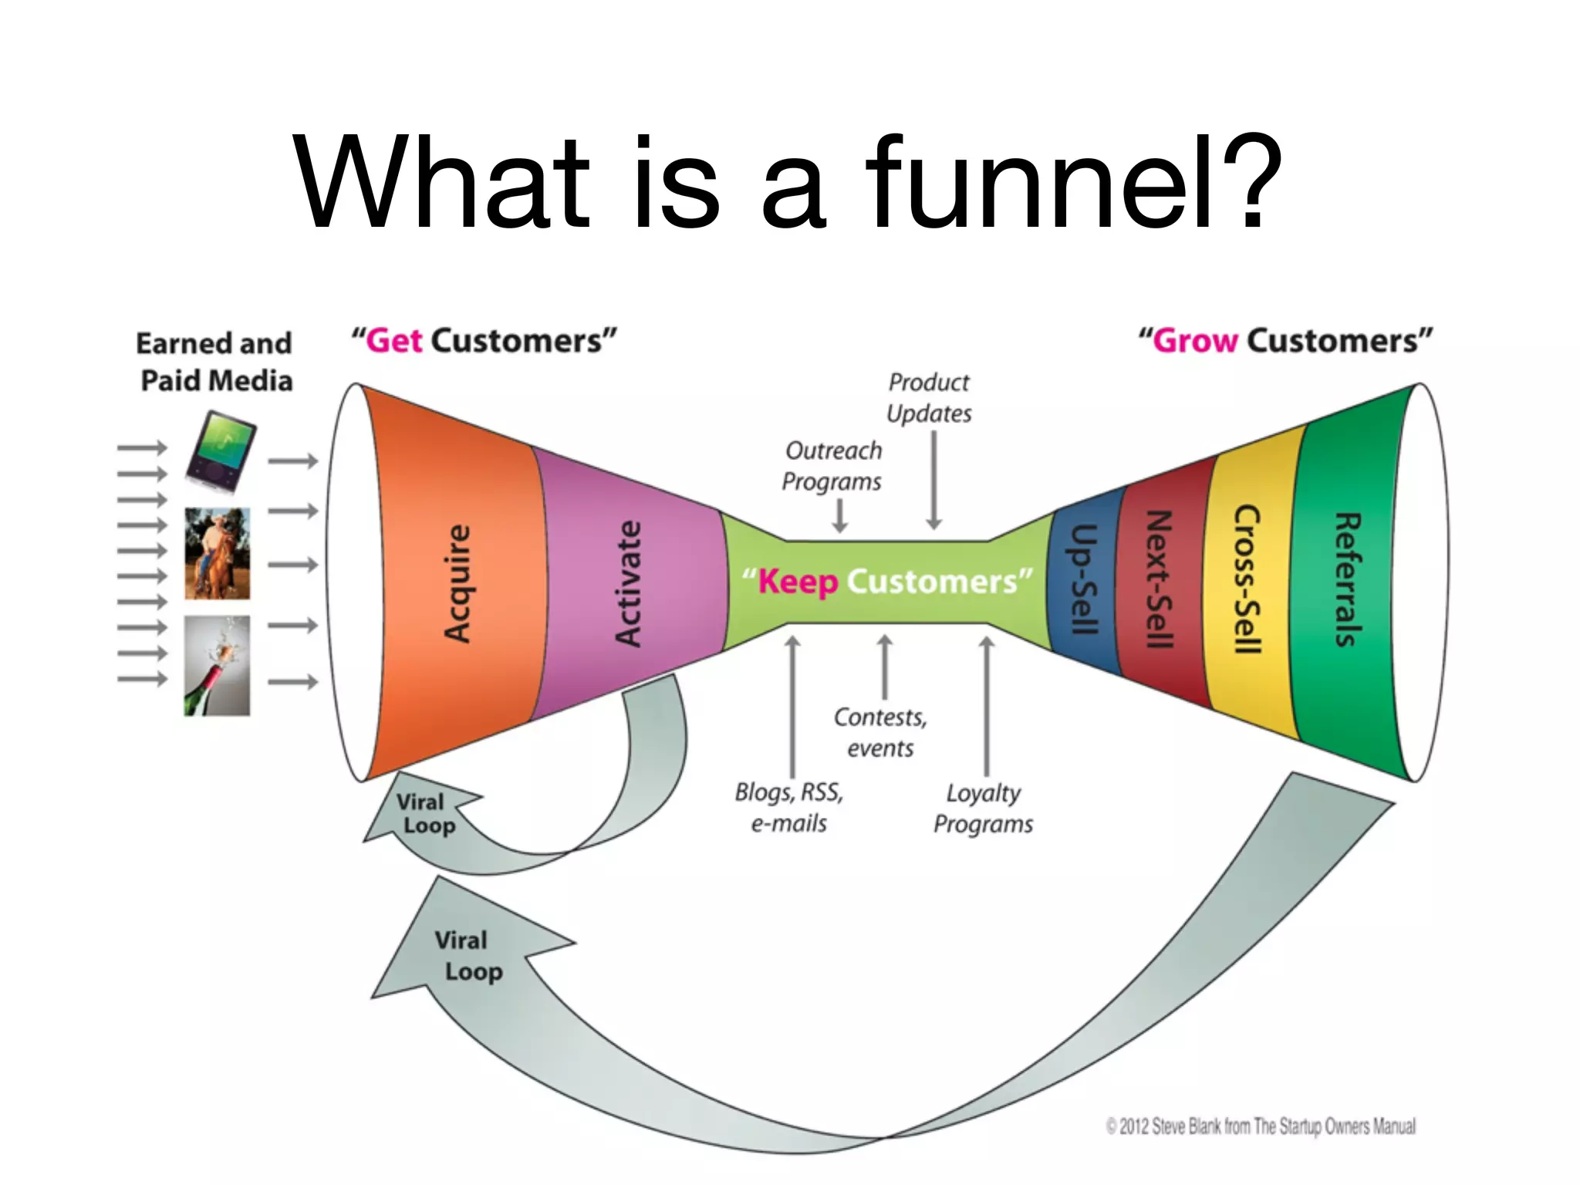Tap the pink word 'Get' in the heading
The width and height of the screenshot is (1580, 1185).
pyautogui.click(x=394, y=340)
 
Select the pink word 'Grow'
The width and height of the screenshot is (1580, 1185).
pyautogui.click(x=1195, y=340)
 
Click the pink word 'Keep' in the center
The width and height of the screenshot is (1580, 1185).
pyautogui.click(x=798, y=582)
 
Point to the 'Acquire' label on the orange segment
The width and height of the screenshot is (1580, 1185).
pyautogui.click(x=457, y=583)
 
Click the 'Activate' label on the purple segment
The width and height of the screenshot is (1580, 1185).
pyautogui.click(x=628, y=583)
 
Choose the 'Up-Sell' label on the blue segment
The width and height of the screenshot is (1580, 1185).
pyautogui.click(x=1084, y=579)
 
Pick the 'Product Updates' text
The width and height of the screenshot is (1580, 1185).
pyautogui.click(x=929, y=398)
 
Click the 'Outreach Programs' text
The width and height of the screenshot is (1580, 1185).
pyautogui.click(x=832, y=466)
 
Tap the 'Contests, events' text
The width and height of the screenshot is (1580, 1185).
pyautogui.click(x=880, y=733)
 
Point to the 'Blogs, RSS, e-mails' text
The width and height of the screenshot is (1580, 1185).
pyautogui.click(x=788, y=808)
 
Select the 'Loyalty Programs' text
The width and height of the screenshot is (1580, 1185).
pyautogui.click(x=983, y=809)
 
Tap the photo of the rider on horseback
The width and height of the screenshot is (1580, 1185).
pyautogui.click(x=217, y=553)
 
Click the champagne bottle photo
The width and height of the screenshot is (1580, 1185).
pyautogui.click(x=217, y=666)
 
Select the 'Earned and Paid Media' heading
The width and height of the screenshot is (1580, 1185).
pyautogui.click(x=215, y=362)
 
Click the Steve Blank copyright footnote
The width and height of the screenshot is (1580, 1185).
pyautogui.click(x=1261, y=1126)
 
